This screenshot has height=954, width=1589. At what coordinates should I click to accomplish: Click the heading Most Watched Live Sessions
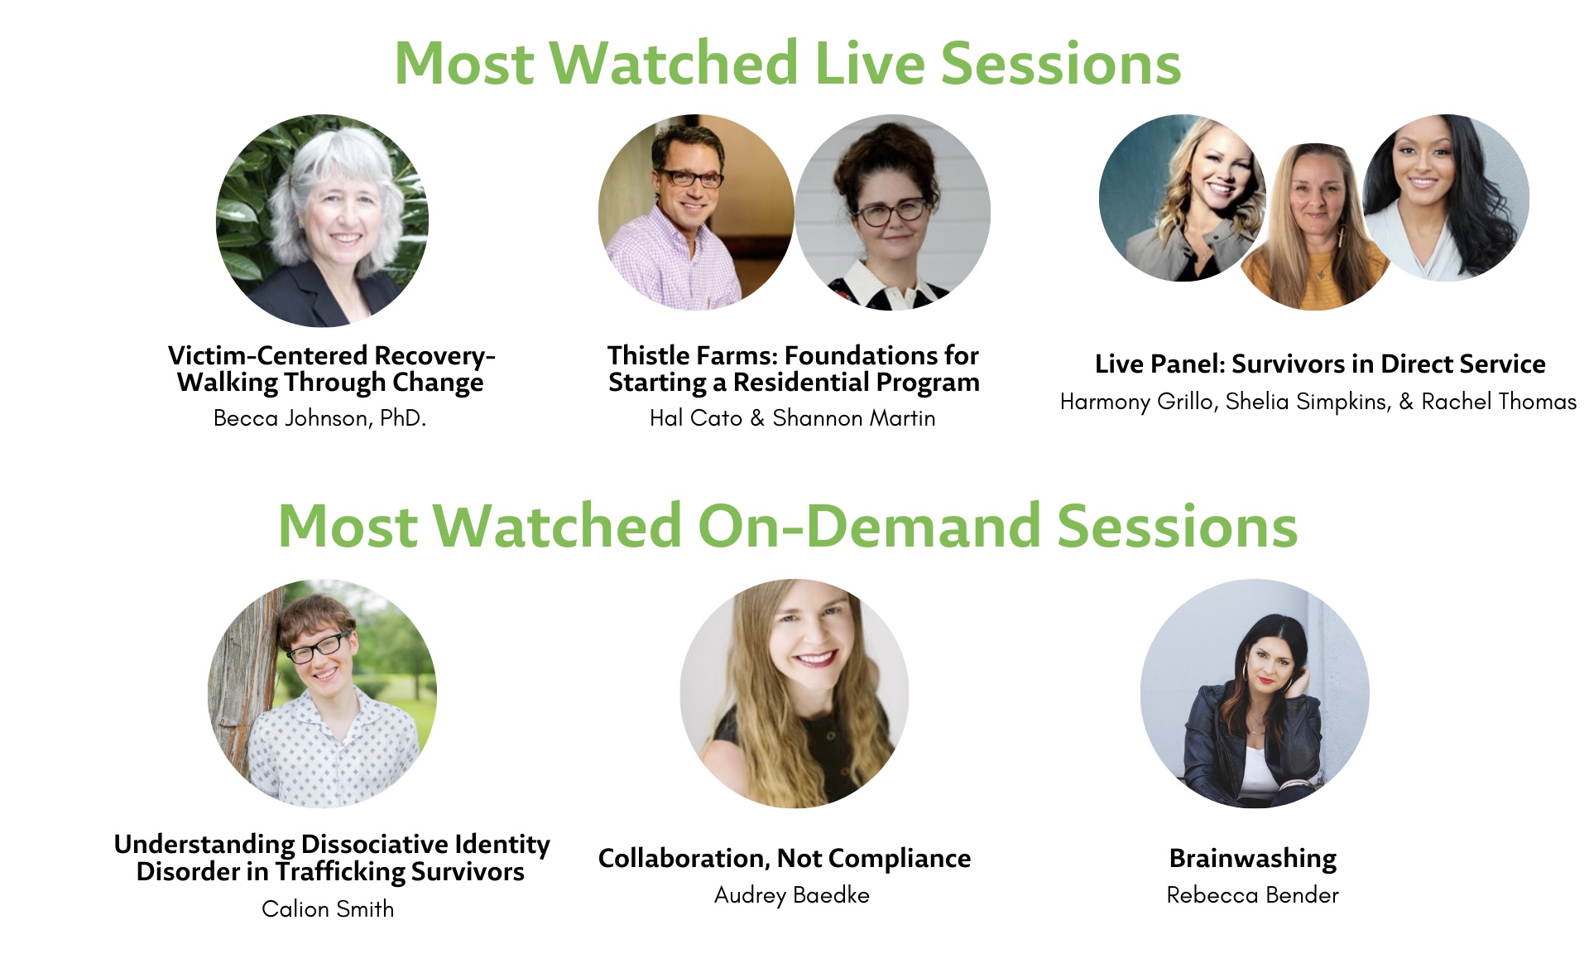[x=788, y=63]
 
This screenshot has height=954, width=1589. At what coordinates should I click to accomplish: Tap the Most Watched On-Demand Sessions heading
[x=788, y=526]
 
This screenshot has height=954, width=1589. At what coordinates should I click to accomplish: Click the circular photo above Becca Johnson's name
[x=323, y=220]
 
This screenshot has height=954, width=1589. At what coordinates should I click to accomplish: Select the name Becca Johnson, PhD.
[x=319, y=418]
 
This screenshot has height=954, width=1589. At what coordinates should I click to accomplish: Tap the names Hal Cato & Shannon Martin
[x=793, y=418]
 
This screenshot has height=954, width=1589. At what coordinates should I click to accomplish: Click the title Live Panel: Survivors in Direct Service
[x=1320, y=364]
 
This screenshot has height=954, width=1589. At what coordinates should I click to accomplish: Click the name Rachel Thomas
[x=1499, y=402]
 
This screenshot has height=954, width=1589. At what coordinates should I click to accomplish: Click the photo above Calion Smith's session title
[x=323, y=693]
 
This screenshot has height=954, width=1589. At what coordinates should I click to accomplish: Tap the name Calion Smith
[x=328, y=909]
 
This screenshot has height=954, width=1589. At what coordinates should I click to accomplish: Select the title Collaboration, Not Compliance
[x=785, y=859]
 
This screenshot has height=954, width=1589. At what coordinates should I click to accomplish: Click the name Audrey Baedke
[x=792, y=895]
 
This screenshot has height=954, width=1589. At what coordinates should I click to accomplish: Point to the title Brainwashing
[x=1253, y=859]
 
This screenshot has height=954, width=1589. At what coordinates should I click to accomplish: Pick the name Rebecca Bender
[x=1253, y=895]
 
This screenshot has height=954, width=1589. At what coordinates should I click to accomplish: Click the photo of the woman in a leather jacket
[x=1255, y=693]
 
